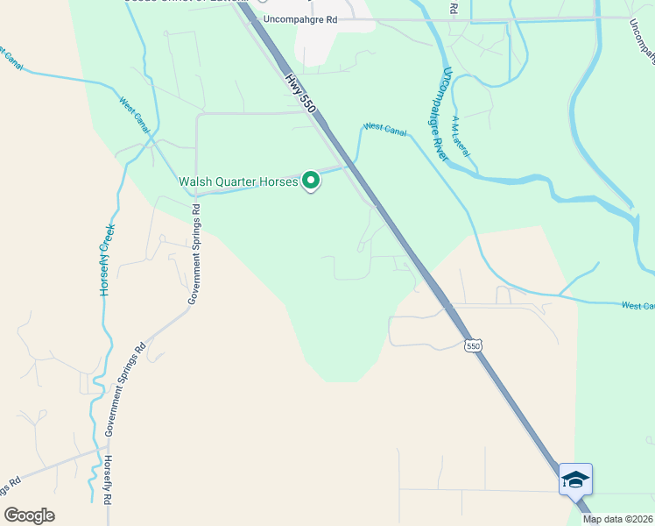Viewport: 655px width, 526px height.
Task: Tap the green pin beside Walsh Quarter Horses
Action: (311, 181)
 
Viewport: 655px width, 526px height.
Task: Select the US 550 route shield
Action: (473, 345)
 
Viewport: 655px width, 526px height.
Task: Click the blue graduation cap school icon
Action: (575, 480)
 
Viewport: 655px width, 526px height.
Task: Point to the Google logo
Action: (29, 515)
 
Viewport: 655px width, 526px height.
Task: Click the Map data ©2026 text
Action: (618, 519)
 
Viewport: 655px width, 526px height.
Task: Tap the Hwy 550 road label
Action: (299, 90)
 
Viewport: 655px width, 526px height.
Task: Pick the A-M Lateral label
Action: (461, 137)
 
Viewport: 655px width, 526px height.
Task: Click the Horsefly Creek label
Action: (108, 259)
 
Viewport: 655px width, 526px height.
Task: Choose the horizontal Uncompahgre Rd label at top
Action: (299, 18)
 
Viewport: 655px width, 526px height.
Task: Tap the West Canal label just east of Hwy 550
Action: (385, 128)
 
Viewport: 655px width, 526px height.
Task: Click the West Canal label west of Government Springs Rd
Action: (135, 114)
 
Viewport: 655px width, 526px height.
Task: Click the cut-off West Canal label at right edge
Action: (638, 306)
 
